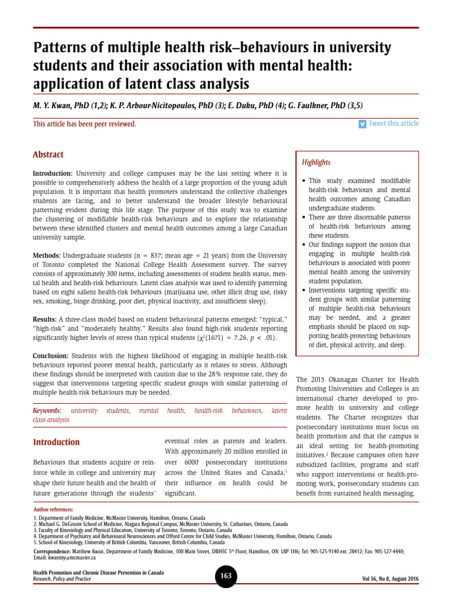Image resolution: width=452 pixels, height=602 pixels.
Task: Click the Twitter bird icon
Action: (x=363, y=123)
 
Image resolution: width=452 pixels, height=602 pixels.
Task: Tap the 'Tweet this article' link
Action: (x=393, y=123)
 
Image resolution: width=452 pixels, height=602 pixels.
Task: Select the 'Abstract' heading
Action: (x=48, y=155)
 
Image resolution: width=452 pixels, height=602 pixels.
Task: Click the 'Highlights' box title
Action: (x=316, y=162)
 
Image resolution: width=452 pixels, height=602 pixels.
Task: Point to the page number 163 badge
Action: (x=226, y=576)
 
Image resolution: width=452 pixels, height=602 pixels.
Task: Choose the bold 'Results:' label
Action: (x=45, y=318)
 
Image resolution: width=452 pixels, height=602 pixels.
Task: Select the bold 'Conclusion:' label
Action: (x=51, y=356)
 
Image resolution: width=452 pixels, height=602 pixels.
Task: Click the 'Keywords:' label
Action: (x=47, y=410)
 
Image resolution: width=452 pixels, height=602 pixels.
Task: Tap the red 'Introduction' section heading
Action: (x=56, y=442)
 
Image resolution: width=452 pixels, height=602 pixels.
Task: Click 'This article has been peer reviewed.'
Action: (x=85, y=124)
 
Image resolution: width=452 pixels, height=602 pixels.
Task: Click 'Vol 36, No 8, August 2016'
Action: (x=391, y=579)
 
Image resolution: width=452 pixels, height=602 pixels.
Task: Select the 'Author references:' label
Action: (x=53, y=509)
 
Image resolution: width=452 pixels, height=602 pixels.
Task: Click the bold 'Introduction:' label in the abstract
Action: (x=52, y=174)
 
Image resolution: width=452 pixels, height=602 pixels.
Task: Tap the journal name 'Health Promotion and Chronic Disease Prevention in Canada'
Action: (x=98, y=572)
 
